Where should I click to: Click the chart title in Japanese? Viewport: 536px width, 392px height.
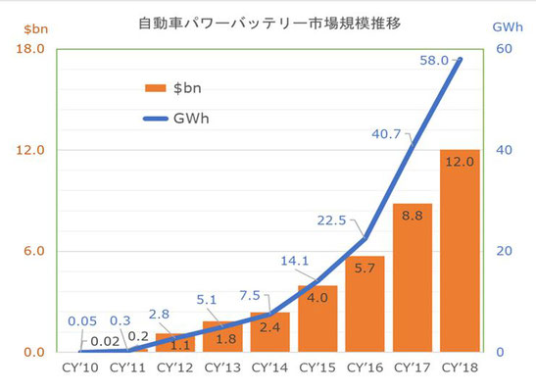coord(269,24)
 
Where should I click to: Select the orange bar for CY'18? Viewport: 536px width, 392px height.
coord(460,251)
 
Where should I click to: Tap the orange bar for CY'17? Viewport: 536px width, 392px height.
coord(413,278)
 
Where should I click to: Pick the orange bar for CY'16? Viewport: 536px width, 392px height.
coord(365,304)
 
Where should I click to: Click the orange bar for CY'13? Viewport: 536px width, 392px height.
coord(222,337)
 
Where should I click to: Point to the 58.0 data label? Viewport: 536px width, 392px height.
coord(434,61)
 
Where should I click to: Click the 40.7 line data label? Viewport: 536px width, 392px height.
coord(386,134)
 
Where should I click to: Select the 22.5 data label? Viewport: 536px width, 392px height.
coord(331,220)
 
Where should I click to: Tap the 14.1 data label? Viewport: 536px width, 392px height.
coord(295,261)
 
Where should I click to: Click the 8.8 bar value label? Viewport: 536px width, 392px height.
coord(413,216)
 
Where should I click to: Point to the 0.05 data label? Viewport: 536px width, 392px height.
coord(82,321)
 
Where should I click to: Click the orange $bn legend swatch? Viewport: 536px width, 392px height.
coord(156,88)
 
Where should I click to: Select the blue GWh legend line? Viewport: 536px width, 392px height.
coord(156,119)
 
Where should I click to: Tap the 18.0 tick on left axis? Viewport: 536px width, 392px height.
coord(30,49)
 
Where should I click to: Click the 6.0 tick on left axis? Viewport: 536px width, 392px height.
coord(34,251)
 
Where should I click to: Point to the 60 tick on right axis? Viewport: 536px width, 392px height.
coord(505,49)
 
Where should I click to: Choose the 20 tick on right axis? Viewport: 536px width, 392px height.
coord(505,251)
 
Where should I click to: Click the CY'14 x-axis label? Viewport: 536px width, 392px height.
coord(269,367)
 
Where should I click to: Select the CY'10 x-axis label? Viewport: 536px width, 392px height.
coord(80,367)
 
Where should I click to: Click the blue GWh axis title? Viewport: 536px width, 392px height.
coord(508,27)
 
